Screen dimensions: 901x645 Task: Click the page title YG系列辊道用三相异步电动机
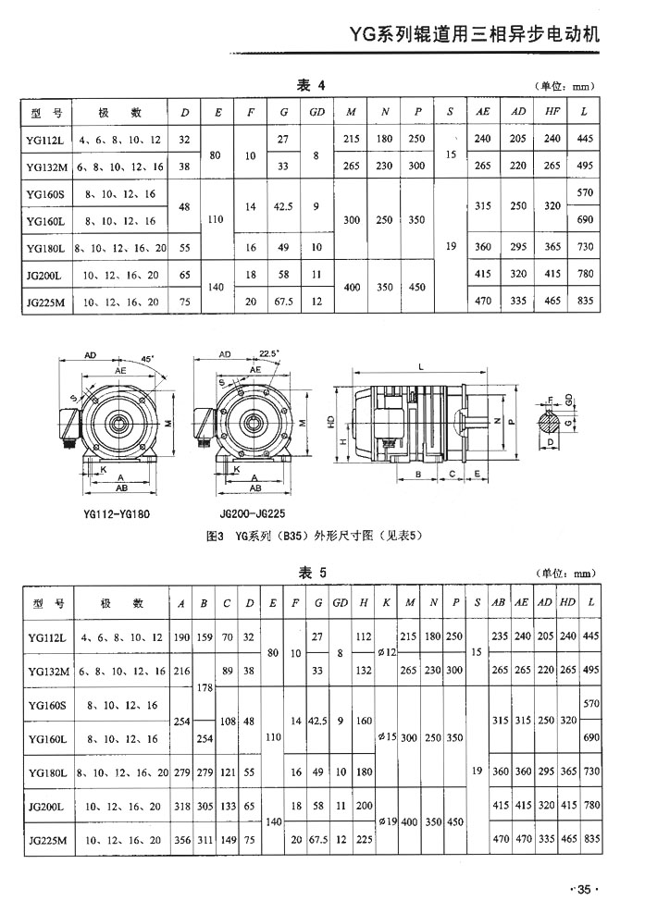tap(474, 36)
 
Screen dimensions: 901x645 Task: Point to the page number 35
tap(585, 890)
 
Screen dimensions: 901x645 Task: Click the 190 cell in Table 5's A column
tap(180, 637)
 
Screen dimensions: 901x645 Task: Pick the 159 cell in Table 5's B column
tap(205, 637)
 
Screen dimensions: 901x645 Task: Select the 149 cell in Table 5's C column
tap(228, 841)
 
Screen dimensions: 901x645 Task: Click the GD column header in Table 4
tap(316, 113)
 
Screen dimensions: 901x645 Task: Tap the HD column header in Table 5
tap(567, 603)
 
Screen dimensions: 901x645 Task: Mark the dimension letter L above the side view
tap(420, 368)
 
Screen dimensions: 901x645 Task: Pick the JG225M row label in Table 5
tap(46, 841)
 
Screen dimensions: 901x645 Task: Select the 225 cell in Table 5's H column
tap(364, 841)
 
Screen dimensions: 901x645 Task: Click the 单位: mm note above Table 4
tap(563, 87)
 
